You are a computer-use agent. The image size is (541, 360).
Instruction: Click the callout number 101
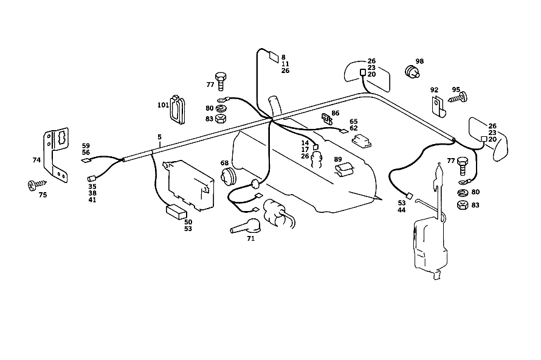pos(163,105)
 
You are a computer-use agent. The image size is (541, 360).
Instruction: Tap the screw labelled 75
pos(36,185)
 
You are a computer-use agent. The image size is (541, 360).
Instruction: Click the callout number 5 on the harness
pos(159,137)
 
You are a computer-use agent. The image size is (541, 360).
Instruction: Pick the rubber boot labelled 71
pos(246,226)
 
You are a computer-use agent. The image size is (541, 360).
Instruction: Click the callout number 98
pos(419,61)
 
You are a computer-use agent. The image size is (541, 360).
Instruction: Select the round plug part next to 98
pos(412,71)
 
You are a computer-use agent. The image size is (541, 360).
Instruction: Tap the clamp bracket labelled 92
pos(439,106)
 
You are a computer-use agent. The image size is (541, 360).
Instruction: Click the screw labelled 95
pos(458,97)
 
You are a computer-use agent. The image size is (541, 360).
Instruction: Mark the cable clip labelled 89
pos(345,170)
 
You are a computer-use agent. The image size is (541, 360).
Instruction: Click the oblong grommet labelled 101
pos(177,109)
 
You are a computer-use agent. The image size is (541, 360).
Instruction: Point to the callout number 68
pos(224,163)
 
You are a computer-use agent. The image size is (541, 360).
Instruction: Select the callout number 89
pos(338,159)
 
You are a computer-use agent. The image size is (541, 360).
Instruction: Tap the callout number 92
pos(434,90)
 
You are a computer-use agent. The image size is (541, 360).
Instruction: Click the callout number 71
pos(251,238)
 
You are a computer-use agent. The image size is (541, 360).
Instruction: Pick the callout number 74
pos(36,160)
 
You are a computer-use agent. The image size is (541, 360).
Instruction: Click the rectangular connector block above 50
pos(176,212)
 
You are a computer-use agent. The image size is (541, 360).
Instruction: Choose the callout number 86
pos(336,113)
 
